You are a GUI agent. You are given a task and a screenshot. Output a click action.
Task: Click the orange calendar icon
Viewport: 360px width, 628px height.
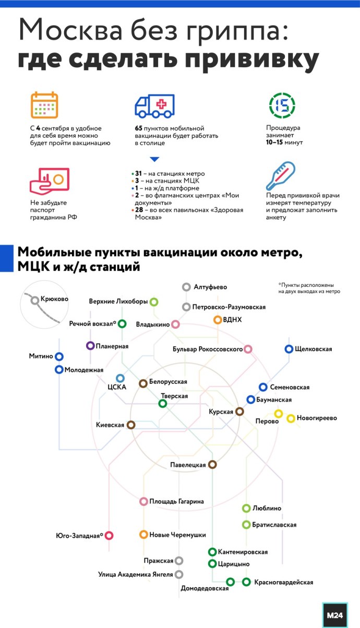pyautogui.click(x=44, y=105)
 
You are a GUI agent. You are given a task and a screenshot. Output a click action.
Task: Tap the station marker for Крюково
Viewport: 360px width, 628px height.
pyautogui.click(x=35, y=300)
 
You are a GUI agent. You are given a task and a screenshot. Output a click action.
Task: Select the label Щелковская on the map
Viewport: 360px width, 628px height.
pyautogui.click(x=313, y=349)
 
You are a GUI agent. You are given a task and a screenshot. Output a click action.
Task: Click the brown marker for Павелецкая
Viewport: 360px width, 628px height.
pyautogui.click(x=212, y=464)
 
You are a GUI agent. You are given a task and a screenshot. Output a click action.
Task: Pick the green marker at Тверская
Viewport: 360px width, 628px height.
pyautogui.click(x=163, y=403)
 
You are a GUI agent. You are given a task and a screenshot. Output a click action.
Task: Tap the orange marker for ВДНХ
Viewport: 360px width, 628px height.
pyautogui.click(x=218, y=320)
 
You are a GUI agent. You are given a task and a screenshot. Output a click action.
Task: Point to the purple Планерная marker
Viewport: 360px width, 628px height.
pyautogui.click(x=90, y=345)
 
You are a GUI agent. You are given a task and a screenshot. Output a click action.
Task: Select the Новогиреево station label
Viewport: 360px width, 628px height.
pyautogui.click(x=317, y=418)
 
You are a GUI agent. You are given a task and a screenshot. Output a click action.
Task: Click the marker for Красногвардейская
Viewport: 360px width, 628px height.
pyautogui.click(x=246, y=582)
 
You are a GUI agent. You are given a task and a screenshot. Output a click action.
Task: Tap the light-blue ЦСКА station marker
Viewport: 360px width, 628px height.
pyautogui.click(x=121, y=378)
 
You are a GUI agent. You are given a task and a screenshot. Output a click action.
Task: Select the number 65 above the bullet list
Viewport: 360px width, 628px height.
pyautogui.click(x=139, y=128)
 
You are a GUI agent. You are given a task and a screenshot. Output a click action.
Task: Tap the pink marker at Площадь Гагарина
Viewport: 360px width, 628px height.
pyautogui.click(x=144, y=501)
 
